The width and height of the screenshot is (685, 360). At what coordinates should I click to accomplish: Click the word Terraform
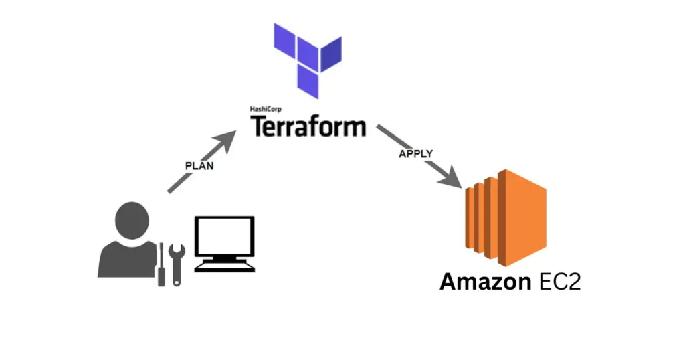(x=308, y=125)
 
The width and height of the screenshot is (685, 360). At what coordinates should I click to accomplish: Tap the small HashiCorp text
(x=267, y=109)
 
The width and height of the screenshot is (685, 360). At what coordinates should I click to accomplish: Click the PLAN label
(x=199, y=165)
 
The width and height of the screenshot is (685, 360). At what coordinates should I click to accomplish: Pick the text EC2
(x=559, y=282)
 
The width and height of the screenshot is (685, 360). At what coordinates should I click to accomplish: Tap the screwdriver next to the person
(x=161, y=265)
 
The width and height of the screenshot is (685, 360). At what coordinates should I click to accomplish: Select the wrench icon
(x=177, y=265)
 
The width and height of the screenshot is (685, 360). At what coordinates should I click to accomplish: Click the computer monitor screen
(x=224, y=237)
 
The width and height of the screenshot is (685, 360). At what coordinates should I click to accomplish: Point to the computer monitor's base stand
(x=224, y=266)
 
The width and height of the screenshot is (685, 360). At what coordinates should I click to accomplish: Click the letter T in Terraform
(x=259, y=125)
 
